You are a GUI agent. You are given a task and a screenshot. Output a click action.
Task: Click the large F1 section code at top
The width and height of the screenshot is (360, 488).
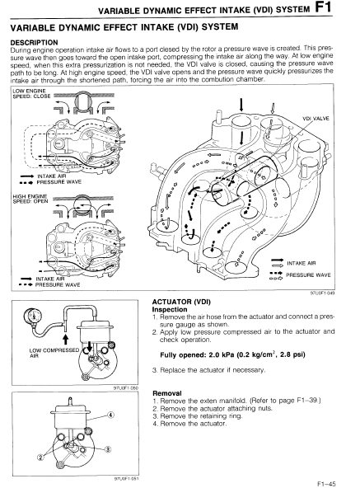324,7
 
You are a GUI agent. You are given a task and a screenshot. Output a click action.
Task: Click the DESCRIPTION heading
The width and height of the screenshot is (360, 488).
35,42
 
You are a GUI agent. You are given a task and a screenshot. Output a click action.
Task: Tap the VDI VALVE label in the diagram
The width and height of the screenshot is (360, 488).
316,119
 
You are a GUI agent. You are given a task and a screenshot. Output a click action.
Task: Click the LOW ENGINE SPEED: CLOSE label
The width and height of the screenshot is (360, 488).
31,93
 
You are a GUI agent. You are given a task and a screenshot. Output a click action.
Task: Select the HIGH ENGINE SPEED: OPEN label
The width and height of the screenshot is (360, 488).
30,199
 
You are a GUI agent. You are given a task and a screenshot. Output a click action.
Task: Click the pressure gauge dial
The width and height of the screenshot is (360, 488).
33,317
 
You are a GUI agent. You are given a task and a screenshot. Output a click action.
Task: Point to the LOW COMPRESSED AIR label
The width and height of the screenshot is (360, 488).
54,353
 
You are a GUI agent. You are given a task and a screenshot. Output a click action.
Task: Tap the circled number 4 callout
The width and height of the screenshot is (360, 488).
110,415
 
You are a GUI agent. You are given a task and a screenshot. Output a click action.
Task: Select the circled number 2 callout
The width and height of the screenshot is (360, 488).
40,457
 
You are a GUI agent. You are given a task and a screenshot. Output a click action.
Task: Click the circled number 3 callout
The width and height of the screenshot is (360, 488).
107,449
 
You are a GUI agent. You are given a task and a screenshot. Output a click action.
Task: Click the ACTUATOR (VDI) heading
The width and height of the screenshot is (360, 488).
181,302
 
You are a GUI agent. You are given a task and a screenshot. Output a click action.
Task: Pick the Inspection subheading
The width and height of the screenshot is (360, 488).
170,309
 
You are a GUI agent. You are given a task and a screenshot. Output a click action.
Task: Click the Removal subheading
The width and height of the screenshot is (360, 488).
167,393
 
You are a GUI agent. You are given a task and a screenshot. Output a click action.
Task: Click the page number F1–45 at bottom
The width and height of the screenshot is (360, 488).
326,484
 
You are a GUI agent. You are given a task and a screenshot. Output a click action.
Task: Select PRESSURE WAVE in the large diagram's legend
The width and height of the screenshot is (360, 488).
308,275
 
